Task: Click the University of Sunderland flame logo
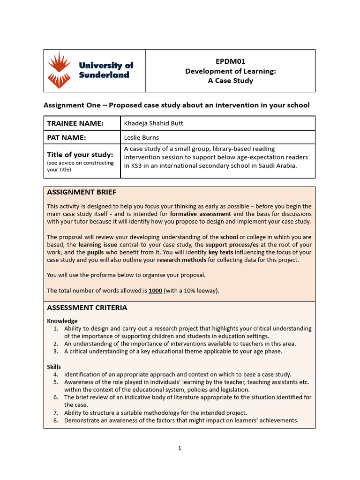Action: point(60,70)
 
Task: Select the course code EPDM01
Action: point(230,61)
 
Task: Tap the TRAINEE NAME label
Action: point(75,123)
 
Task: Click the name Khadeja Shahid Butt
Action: point(153,123)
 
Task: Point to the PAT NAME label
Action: point(68,137)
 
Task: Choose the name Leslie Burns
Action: point(141,137)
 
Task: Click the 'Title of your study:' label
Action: point(80,155)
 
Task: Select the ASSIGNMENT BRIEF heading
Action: point(82,192)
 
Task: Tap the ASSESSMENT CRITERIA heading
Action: point(87,307)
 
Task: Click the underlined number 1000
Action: point(155,291)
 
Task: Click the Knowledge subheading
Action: point(62,321)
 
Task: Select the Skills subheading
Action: point(54,367)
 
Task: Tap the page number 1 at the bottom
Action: point(180,448)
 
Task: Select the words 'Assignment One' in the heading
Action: point(72,105)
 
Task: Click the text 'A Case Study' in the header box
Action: point(230,81)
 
